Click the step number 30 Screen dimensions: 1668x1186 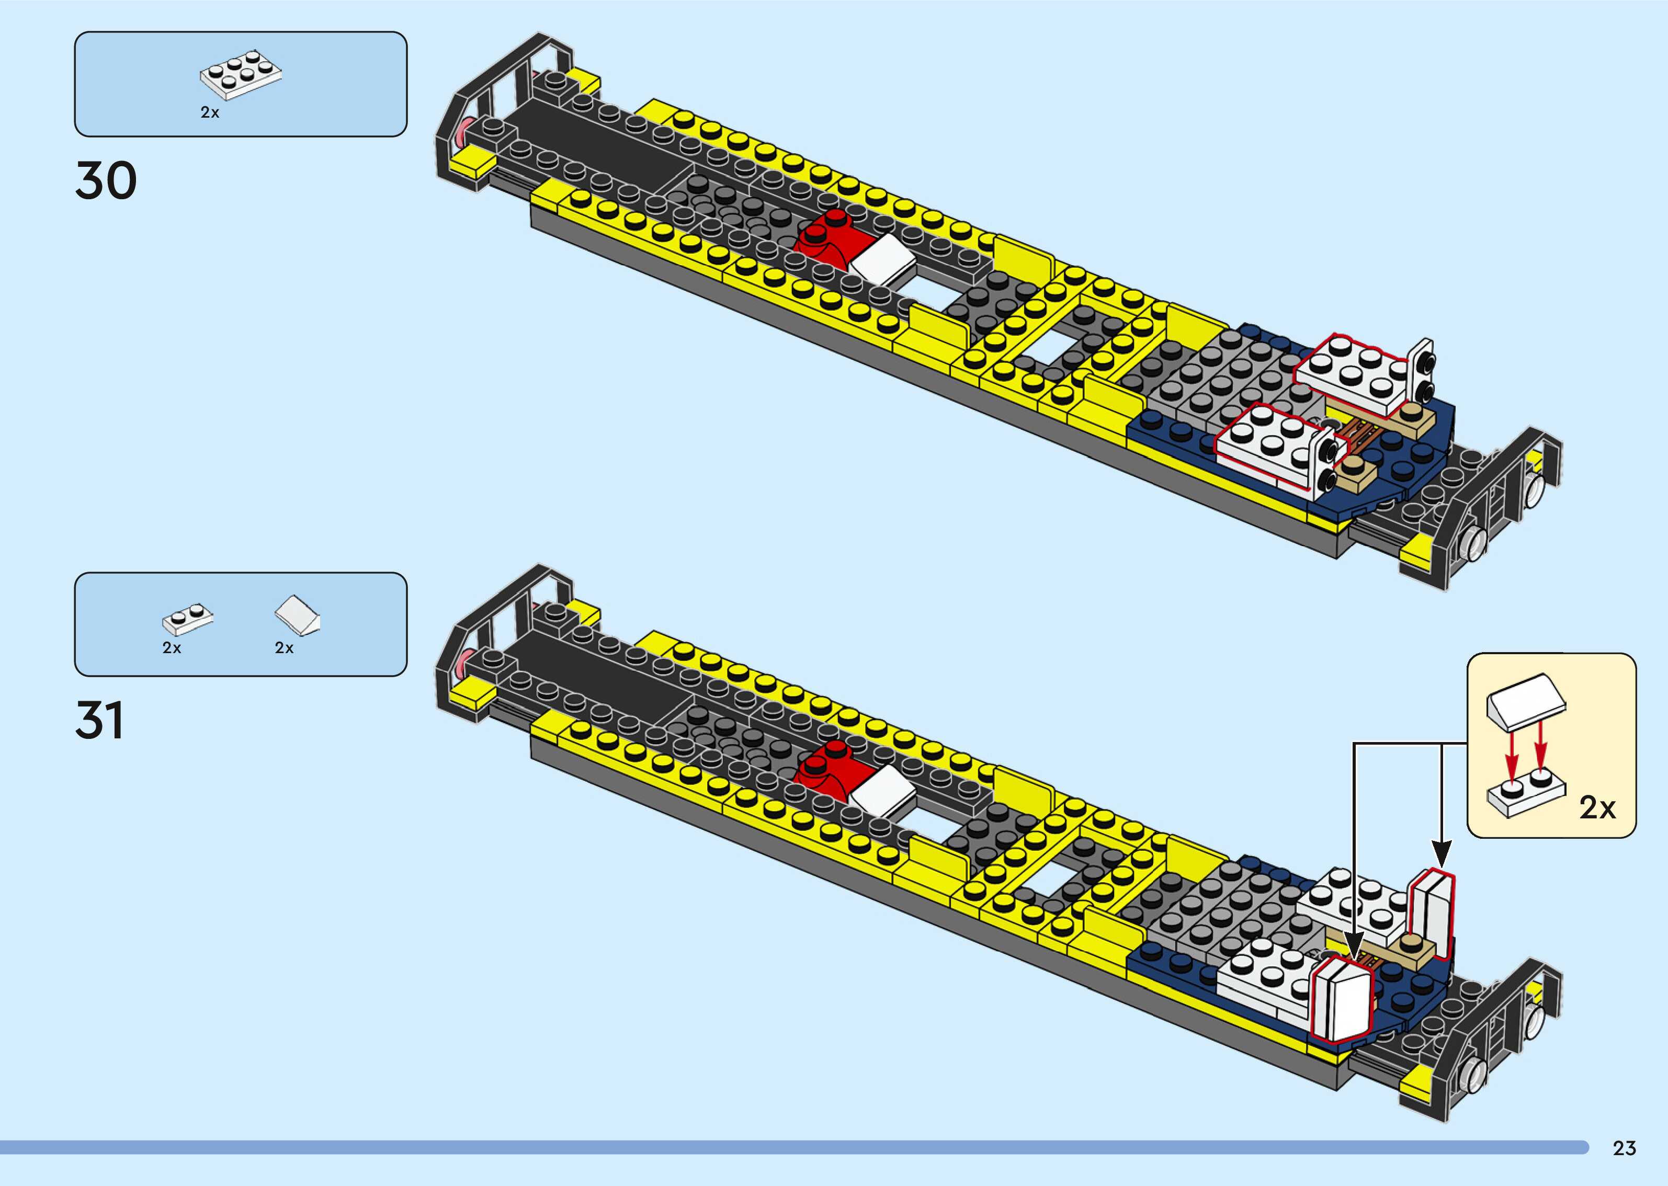[x=106, y=180]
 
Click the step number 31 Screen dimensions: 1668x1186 [x=99, y=720]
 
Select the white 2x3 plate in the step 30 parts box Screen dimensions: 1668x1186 [x=241, y=74]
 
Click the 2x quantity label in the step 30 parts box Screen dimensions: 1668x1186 [x=210, y=112]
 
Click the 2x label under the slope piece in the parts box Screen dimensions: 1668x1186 [x=284, y=648]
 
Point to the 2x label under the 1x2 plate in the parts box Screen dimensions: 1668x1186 [x=172, y=648]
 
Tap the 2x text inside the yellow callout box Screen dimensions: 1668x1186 [x=1597, y=808]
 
